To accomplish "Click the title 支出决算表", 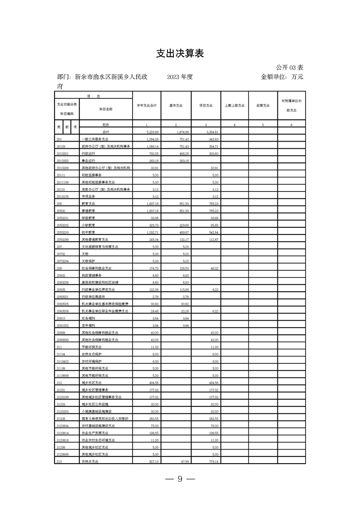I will point(180,54).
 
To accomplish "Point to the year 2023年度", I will point(180,77).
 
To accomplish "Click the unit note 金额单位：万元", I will point(282,77).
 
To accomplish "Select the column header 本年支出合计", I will point(147,106).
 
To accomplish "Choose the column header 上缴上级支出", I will point(234,106).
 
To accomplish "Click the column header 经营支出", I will point(263,106).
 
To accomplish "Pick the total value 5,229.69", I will point(149,132).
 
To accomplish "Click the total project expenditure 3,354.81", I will point(208,132).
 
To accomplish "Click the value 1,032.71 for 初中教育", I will point(149,232).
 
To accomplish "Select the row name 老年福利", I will point(89,325).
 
